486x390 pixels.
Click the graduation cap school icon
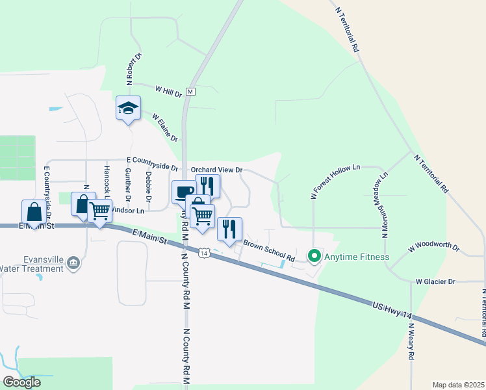pyautogui.click(x=128, y=108)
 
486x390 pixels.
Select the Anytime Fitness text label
pyautogui.click(x=358, y=257)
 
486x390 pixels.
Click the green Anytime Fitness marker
pyautogui.click(x=314, y=257)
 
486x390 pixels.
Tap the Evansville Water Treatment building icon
pyautogui.click(x=73, y=263)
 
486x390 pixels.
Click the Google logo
pyautogui.click(x=22, y=382)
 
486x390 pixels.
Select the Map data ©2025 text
pyautogui.click(x=458, y=385)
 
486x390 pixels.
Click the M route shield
pyautogui.click(x=190, y=92)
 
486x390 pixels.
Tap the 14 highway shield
pyautogui.click(x=204, y=253)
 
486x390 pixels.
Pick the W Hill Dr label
pyautogui.click(x=168, y=91)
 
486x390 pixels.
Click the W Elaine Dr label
pyautogui.click(x=165, y=127)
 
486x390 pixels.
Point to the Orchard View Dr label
pyautogui.click(x=216, y=170)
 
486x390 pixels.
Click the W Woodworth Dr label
pyautogui.click(x=433, y=248)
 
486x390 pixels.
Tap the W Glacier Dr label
pyautogui.click(x=436, y=281)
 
